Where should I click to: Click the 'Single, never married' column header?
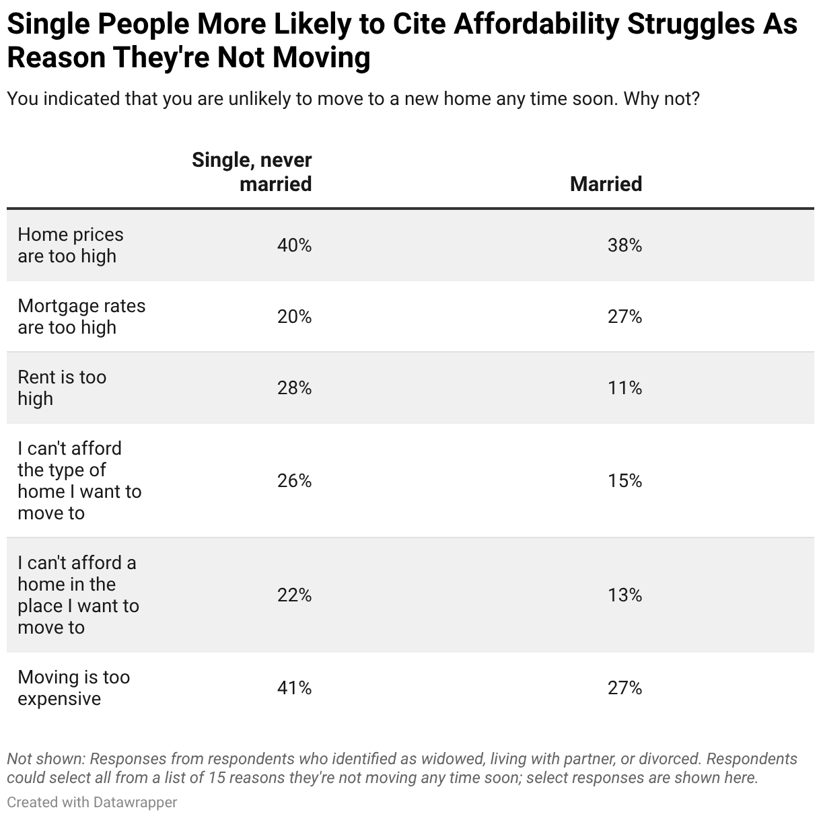tap(252, 172)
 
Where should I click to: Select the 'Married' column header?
tap(606, 184)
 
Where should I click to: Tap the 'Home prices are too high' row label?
tap(71, 245)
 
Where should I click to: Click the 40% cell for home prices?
tap(294, 246)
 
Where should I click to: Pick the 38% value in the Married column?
tap(624, 246)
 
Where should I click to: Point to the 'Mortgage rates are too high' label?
tap(81, 316)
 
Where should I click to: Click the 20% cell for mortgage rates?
tap(294, 317)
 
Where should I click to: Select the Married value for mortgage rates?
tap(624, 317)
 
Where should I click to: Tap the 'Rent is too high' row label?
tap(62, 387)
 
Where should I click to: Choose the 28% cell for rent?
tap(294, 388)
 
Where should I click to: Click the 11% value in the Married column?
tap(624, 388)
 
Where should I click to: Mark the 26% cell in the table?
tap(294, 481)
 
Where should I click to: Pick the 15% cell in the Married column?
tap(624, 481)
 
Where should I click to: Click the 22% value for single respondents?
tap(294, 595)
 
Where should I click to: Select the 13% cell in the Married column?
tap(624, 595)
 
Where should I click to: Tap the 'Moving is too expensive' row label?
tap(73, 687)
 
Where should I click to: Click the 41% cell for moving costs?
tap(294, 688)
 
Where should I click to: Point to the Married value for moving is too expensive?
tap(624, 688)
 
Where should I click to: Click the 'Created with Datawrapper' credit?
tap(92, 803)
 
